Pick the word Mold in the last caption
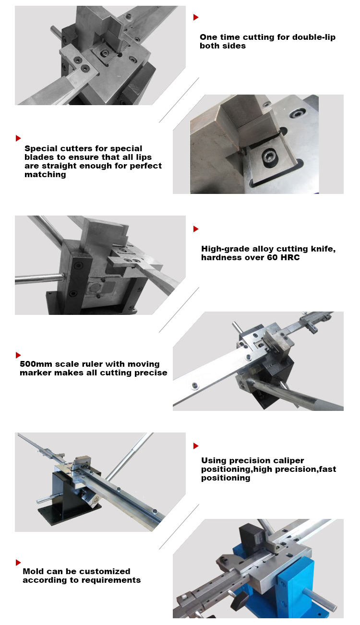pyautogui.click(x=33, y=571)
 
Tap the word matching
pyautogui.click(x=45, y=175)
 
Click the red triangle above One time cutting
pyautogui.click(x=196, y=17)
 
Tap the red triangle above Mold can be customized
pyautogui.click(x=18, y=563)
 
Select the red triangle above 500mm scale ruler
pyautogui.click(x=18, y=355)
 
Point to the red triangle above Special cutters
pyautogui.click(x=18, y=138)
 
